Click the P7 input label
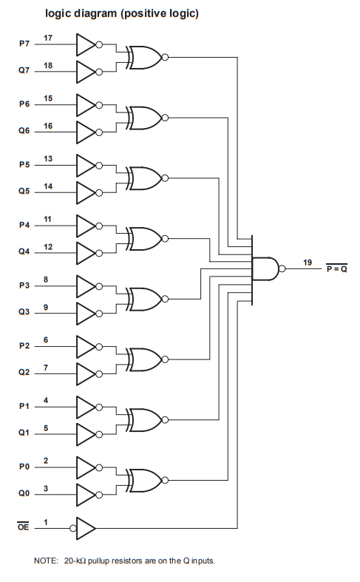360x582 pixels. click(x=24, y=44)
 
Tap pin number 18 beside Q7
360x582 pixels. click(x=48, y=66)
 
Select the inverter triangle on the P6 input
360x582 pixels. click(x=86, y=105)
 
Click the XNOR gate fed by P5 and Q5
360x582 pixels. click(x=145, y=178)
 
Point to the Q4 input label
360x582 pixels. click(x=24, y=251)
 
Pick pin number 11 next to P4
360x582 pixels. click(x=47, y=220)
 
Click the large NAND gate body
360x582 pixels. click(x=265, y=268)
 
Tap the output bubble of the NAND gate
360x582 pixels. click(x=282, y=268)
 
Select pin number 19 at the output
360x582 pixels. click(x=308, y=263)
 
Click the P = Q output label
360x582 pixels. click(x=336, y=268)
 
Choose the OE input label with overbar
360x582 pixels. click(x=23, y=527)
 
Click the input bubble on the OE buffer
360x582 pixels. click(x=73, y=528)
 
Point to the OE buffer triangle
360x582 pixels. click(x=86, y=528)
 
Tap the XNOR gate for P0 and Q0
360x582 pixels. click(x=145, y=481)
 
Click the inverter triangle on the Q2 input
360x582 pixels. click(x=86, y=374)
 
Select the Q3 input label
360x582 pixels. click(x=24, y=312)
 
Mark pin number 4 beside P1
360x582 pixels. click(x=46, y=401)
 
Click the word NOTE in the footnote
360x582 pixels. click(x=46, y=561)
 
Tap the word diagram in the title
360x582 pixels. click(x=95, y=14)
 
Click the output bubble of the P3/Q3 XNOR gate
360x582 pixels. click(x=165, y=299)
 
